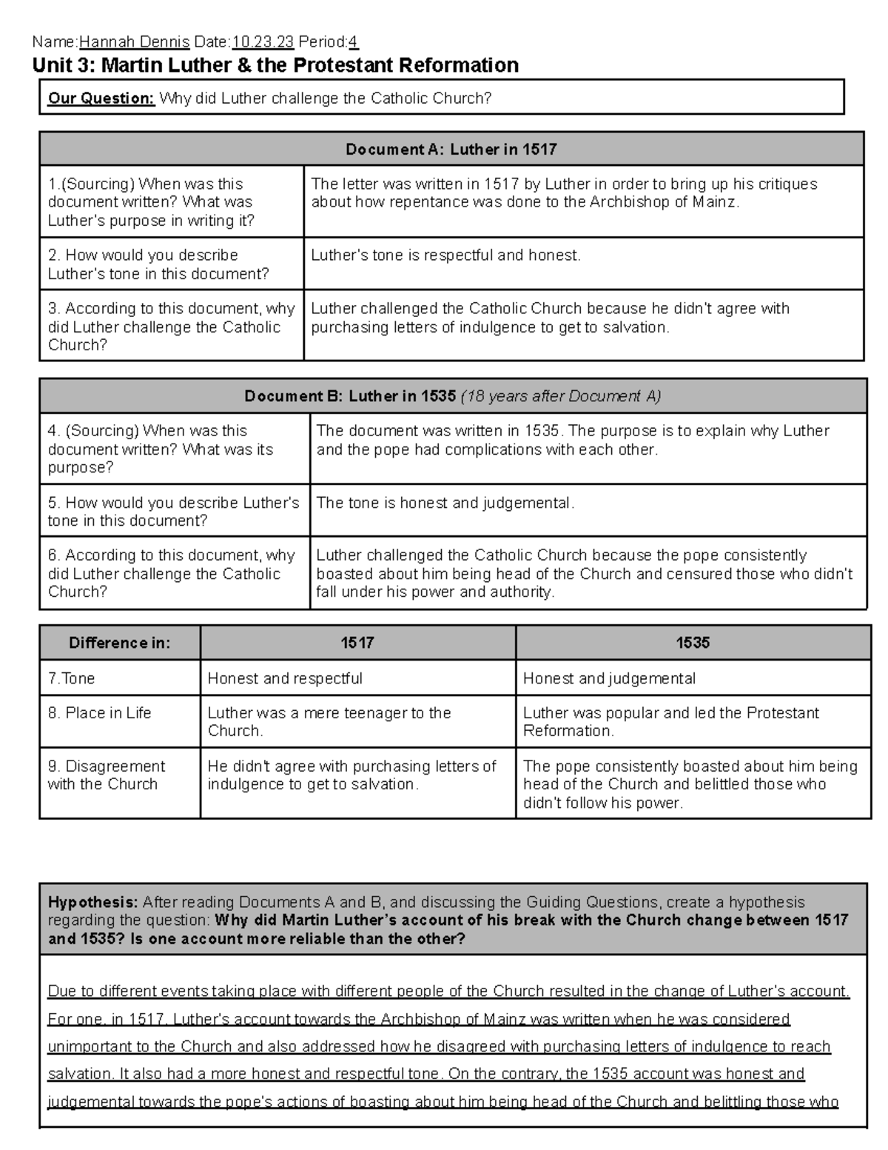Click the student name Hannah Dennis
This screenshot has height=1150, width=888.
tap(134, 41)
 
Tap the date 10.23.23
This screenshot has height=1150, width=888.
tap(263, 41)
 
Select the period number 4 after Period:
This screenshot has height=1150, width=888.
tap(354, 41)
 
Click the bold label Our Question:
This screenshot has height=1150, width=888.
tap(101, 98)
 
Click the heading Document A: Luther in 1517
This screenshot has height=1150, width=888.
tap(451, 149)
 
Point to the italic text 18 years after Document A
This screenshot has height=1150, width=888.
tap(560, 396)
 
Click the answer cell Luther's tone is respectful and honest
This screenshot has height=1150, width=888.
tap(445, 255)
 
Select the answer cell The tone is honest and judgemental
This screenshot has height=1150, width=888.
tap(445, 503)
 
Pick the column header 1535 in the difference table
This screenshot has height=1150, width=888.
tap(692, 643)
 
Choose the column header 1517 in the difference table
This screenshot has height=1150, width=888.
tap(357, 643)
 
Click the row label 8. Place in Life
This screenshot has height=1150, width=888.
tap(99, 713)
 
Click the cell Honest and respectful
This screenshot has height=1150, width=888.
tap(285, 678)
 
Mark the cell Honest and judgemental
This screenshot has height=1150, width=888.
tap(609, 678)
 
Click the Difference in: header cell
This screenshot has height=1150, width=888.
tap(119, 643)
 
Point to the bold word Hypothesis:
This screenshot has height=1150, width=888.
tap(92, 902)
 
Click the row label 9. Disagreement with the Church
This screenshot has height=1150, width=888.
tap(106, 775)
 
